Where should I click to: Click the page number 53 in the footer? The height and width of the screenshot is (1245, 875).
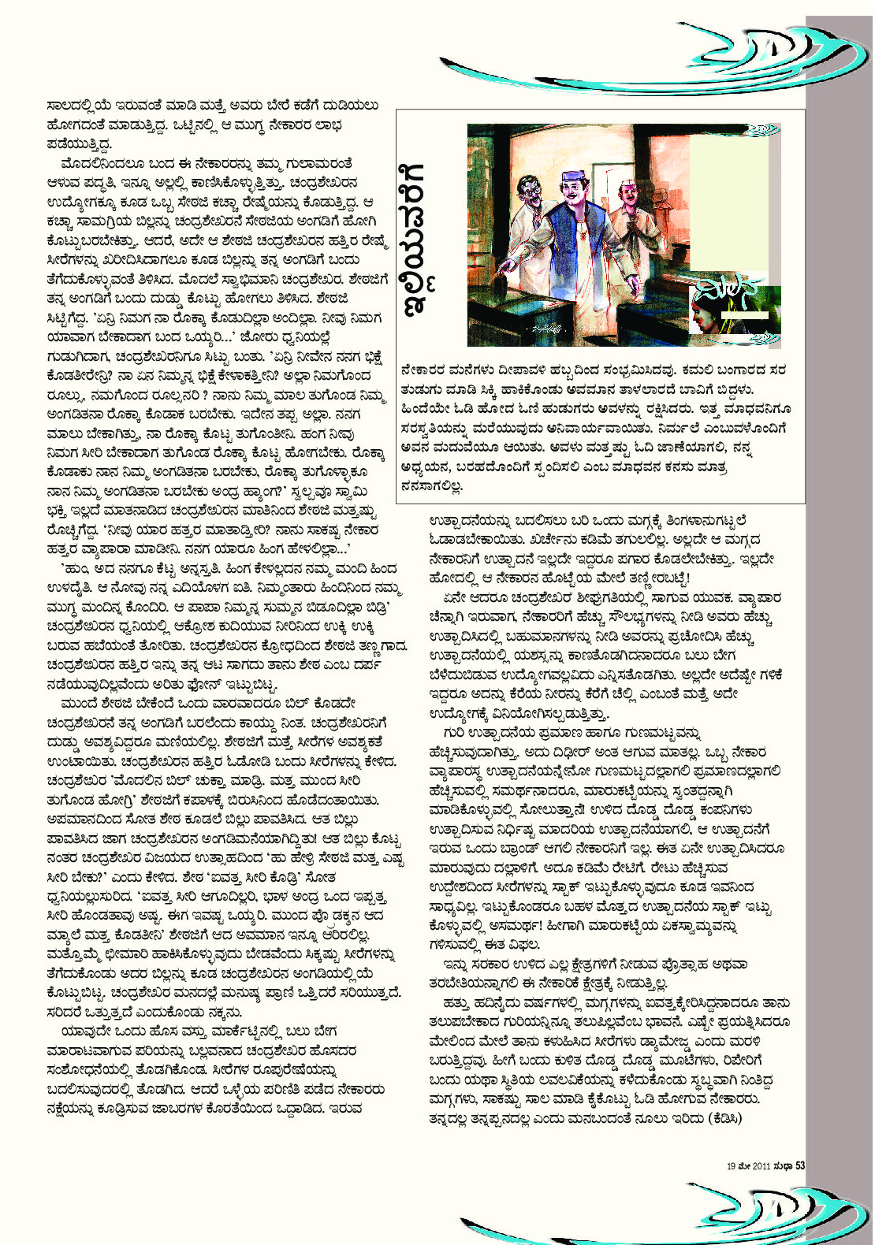(799, 1165)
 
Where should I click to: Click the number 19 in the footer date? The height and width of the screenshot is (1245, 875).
(731, 1165)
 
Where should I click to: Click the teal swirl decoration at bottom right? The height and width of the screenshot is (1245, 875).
(709, 1210)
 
